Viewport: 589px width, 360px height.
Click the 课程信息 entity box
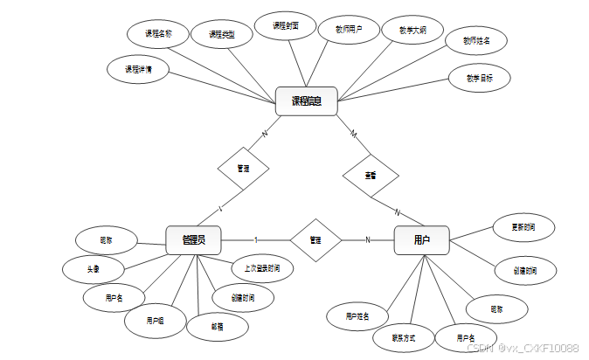[x=307, y=101]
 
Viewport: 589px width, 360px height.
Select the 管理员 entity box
[x=193, y=239]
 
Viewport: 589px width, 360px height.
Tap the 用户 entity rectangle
[x=421, y=239]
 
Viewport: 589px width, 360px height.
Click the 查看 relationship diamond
[x=371, y=175]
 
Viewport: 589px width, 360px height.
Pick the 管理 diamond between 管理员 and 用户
[x=315, y=239]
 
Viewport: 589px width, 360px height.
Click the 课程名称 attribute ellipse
[x=158, y=34]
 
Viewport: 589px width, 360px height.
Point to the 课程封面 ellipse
[x=286, y=27]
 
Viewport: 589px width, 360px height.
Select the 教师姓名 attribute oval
[x=476, y=40]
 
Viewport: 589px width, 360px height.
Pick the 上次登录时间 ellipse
[x=261, y=268]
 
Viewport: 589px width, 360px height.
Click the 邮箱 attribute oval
[x=217, y=326]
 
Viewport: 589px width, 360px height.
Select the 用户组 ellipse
[x=156, y=321]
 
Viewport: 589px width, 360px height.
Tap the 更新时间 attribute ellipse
[x=523, y=228]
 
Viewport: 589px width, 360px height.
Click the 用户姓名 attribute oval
[x=357, y=315]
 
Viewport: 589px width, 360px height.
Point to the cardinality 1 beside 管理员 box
[x=255, y=239]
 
